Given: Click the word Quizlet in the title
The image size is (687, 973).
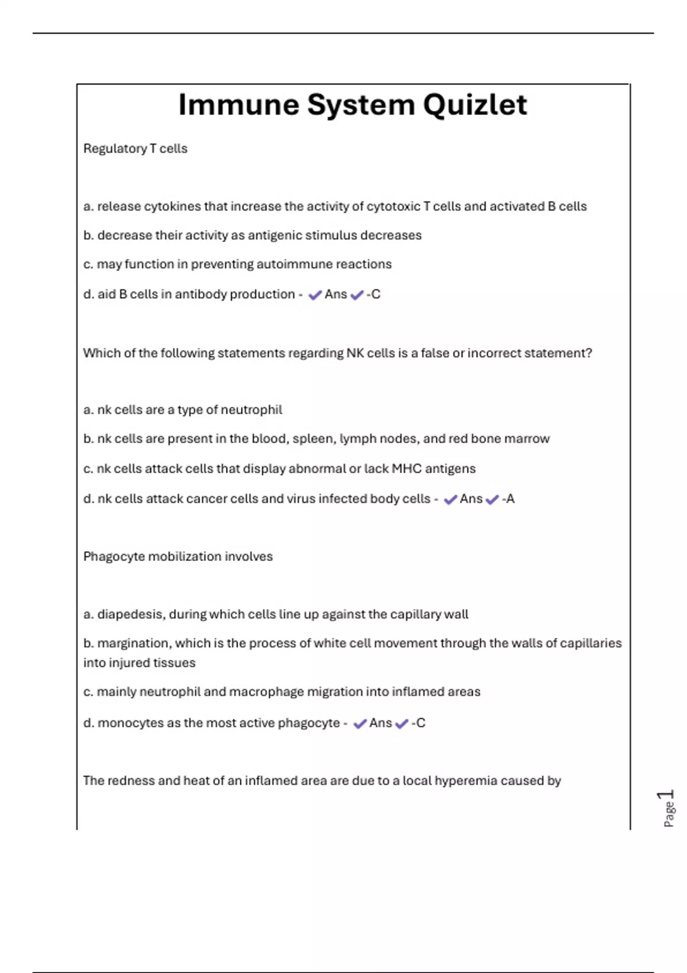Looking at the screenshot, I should [475, 105].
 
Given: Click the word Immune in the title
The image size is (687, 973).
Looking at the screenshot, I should [239, 105].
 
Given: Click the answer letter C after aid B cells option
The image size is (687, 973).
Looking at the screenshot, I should [376, 294].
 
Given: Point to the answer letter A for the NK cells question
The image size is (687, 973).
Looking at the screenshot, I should [510, 499].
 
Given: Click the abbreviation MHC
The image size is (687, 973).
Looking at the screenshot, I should [406, 469].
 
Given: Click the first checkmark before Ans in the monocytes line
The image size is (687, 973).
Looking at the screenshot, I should [360, 724].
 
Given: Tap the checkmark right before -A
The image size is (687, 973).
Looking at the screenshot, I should [492, 500].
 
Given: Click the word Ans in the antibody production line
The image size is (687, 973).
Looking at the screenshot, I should [335, 294].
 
